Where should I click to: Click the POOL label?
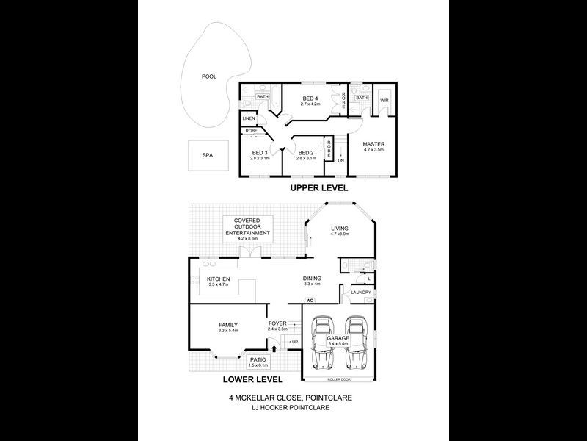tap(208, 76)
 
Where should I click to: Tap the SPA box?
tap(207, 155)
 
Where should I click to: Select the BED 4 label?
tap(310, 98)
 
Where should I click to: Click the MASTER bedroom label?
tap(373, 143)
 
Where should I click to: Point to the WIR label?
tap(384, 100)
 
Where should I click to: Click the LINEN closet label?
tap(249, 118)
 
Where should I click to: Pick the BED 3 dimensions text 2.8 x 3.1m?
tap(260, 158)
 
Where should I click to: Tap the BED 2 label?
tap(306, 153)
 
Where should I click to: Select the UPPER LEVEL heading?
tap(318, 188)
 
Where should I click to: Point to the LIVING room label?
tap(340, 229)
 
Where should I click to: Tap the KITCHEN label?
tap(219, 279)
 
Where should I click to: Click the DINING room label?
tap(313, 278)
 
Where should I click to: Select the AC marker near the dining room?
tap(310, 301)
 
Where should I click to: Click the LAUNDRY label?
tap(360, 293)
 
